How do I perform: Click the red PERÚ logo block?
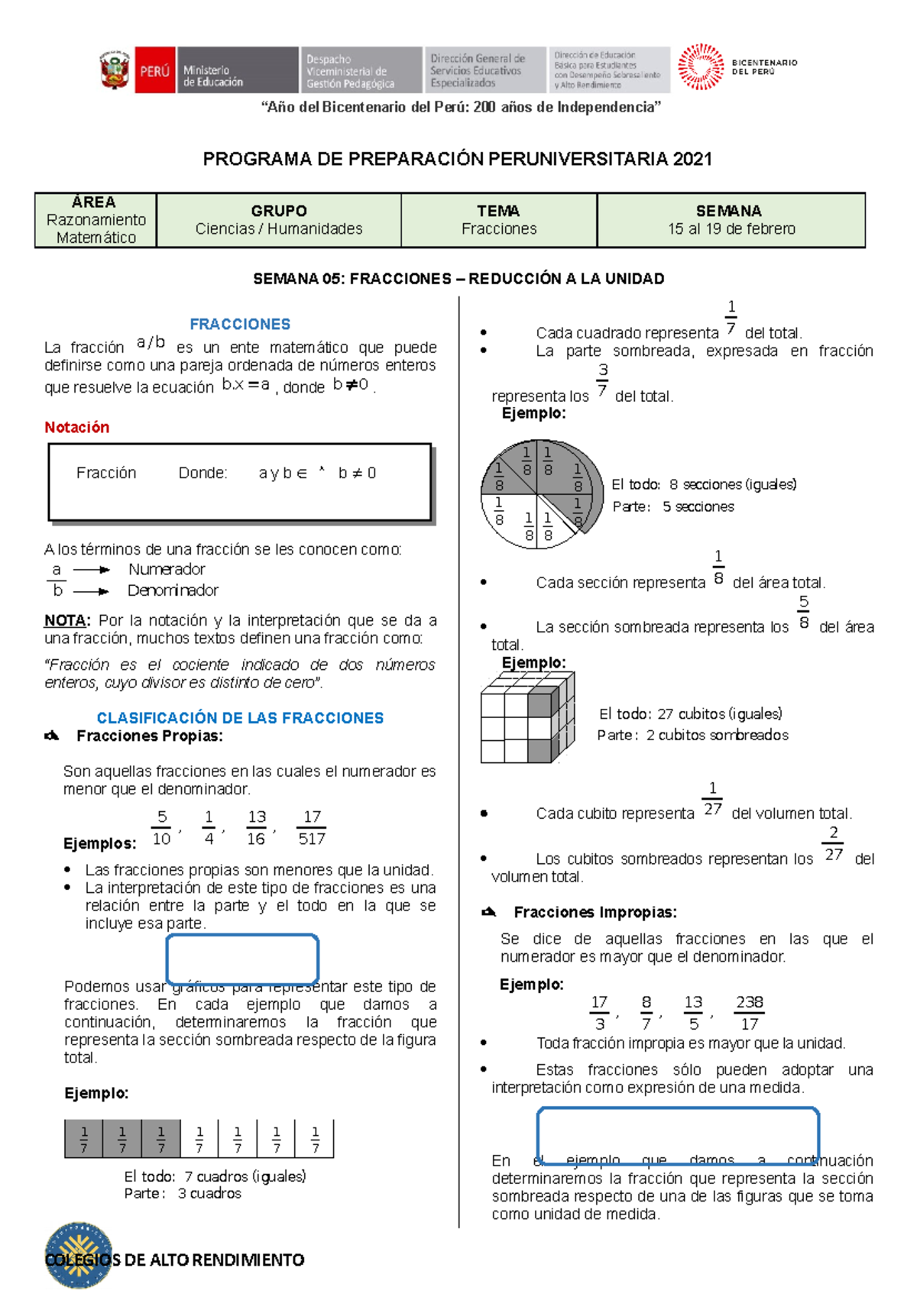point(154,70)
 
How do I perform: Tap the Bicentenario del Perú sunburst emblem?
point(700,67)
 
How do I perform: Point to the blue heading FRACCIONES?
point(240,324)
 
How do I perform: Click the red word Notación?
point(76,427)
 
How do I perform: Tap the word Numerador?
point(167,569)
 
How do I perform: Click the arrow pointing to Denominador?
point(92,591)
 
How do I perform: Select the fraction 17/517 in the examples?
point(312,828)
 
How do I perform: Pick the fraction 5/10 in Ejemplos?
point(161,828)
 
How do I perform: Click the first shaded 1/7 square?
point(84,1138)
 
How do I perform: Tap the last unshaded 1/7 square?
point(315,1138)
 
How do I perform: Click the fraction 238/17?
point(749,1013)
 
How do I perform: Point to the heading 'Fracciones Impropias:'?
point(595,912)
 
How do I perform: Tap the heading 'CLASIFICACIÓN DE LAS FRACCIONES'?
point(240,718)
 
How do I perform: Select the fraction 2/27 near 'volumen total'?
point(833,843)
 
